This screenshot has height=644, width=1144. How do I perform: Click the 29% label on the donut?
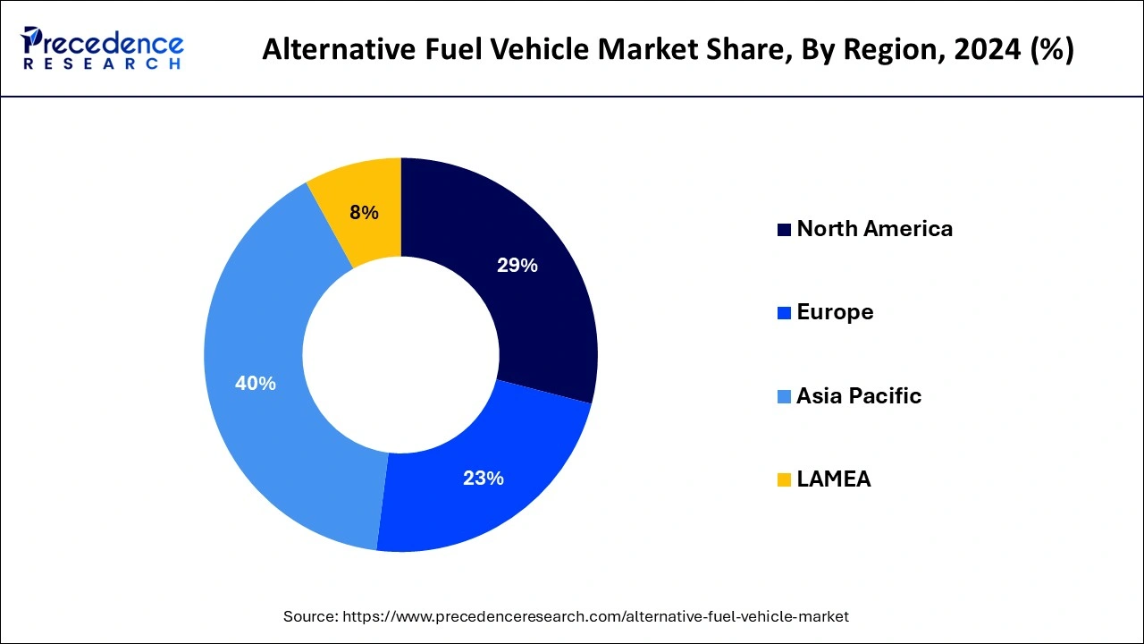pos(517,266)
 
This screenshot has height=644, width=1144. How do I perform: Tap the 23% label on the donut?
pos(483,479)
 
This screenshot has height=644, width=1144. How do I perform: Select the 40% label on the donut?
pos(255,384)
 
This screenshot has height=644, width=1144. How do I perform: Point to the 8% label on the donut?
pos(364,213)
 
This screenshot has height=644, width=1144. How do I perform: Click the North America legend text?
pos(874,229)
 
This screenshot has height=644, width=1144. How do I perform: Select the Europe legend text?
pos(835,312)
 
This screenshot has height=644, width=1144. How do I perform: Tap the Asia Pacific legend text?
pos(858,396)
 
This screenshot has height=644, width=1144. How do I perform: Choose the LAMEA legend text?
pos(833,479)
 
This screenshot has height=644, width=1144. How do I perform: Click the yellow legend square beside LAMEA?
pos(784,480)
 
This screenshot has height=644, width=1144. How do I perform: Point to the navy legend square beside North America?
pos(784,230)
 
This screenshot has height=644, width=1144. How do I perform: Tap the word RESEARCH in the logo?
pos(103,64)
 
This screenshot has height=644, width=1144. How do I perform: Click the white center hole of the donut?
pos(400,355)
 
